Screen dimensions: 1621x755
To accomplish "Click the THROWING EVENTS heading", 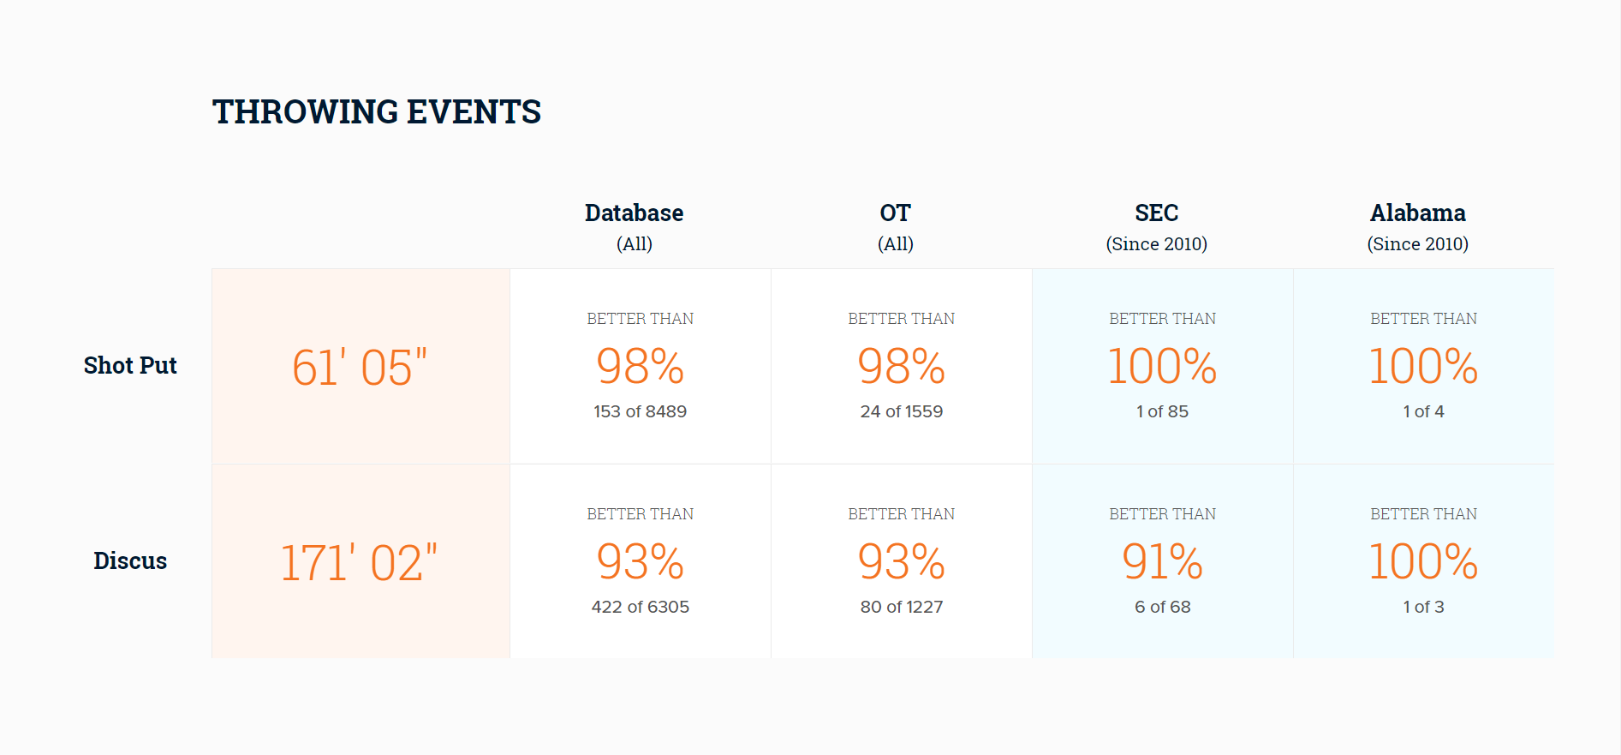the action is tap(377, 111).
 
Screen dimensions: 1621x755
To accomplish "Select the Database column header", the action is tap(634, 213).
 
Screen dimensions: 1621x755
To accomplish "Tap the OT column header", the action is tap(895, 213).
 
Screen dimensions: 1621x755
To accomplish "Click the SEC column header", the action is tap(1156, 213).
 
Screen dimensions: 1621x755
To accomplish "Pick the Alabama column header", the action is tap(1417, 213).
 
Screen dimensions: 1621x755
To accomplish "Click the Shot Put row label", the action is tap(130, 365).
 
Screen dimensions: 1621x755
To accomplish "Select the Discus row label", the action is tap(130, 560).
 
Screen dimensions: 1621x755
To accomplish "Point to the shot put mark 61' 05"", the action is tap(360, 367).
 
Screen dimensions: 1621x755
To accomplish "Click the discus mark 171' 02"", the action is tap(359, 562).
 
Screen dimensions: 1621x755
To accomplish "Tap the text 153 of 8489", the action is tap(640, 411).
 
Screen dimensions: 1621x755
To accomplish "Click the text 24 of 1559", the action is tap(901, 411).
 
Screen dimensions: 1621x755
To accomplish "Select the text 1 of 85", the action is tap(1162, 411).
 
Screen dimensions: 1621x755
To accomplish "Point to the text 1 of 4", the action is tap(1423, 411).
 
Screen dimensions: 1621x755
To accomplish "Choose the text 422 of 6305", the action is tap(640, 607).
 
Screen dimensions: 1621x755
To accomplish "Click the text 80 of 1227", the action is tap(901, 607).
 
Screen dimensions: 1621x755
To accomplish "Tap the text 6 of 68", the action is tap(1162, 607).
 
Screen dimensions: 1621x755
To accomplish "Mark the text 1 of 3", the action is tap(1423, 607).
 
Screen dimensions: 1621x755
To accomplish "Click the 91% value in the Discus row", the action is tap(1162, 561).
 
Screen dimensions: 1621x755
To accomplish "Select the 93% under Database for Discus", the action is tap(640, 561).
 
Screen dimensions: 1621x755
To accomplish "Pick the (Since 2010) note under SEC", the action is tap(1156, 244).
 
